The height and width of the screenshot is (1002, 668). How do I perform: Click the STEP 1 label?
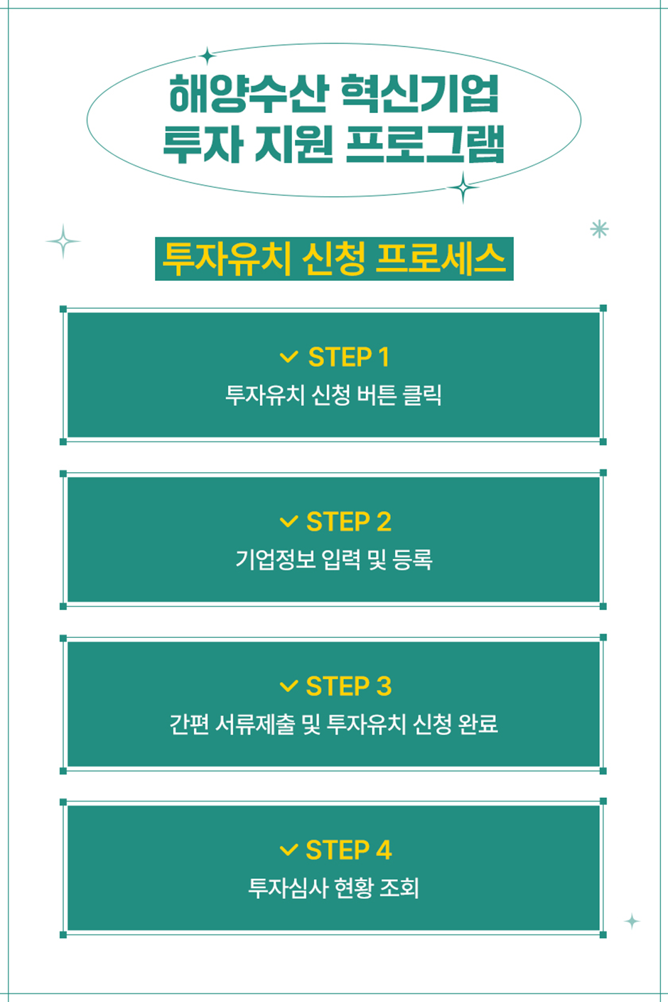349,357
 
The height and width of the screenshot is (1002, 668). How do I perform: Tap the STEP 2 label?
349,522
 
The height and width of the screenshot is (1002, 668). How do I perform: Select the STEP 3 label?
349,686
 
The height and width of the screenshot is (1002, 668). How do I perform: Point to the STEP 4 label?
349,850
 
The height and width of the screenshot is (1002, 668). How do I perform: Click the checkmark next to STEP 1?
289,357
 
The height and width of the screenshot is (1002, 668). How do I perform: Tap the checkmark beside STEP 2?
289,522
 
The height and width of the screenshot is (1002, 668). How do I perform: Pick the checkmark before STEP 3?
289,686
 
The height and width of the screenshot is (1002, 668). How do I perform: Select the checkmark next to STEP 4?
289,850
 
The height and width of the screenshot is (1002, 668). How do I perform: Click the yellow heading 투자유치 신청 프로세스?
334,259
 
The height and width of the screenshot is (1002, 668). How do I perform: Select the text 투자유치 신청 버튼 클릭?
333,395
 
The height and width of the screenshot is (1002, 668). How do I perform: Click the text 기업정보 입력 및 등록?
333,560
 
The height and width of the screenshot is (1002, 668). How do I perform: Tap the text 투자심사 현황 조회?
333,888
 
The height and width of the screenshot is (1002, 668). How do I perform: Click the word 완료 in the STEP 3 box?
478,724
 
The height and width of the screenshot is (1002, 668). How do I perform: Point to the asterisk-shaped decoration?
600,229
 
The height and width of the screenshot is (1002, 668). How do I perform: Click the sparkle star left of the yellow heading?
63,242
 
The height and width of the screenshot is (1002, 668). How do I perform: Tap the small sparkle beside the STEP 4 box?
632,922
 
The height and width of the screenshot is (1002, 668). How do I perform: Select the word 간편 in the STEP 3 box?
188,724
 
